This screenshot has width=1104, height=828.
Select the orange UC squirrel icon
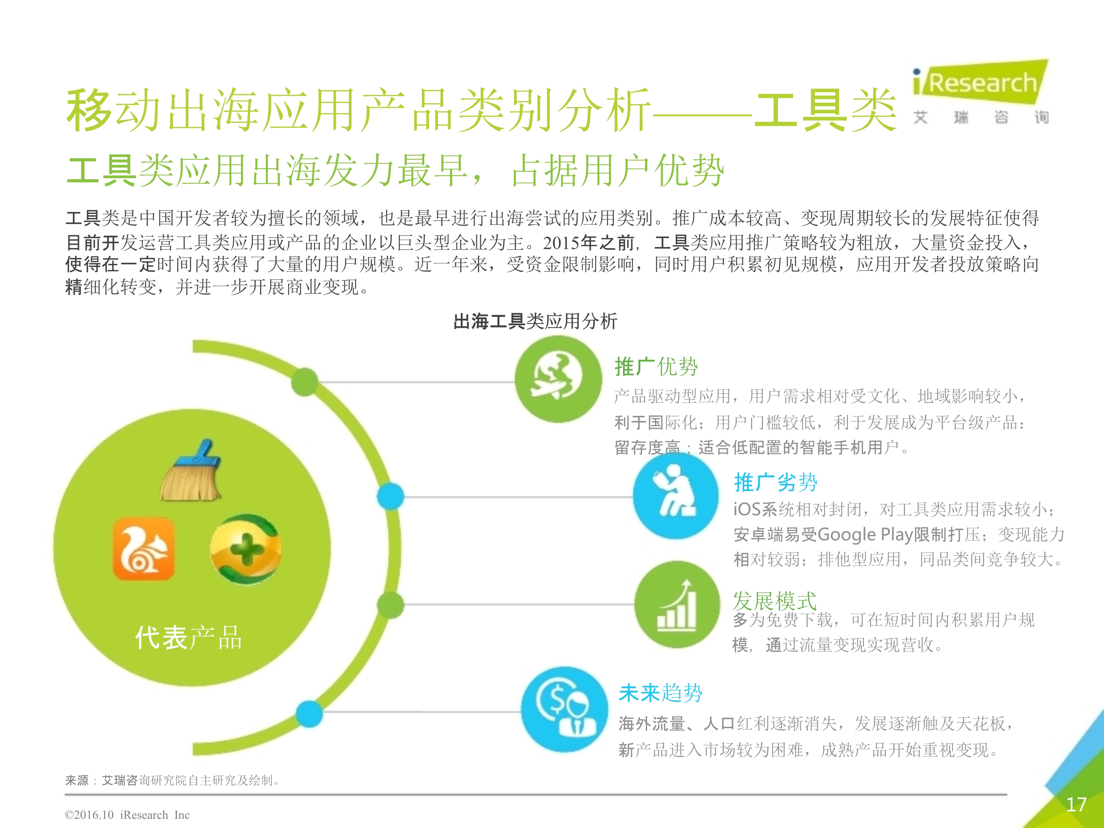click(144, 549)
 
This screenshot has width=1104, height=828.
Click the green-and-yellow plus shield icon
click(245, 549)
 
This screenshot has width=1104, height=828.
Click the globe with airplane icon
click(558, 379)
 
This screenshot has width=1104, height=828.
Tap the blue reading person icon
click(676, 495)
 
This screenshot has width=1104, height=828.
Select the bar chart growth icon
click(677, 604)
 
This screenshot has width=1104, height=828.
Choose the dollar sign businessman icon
click(565, 709)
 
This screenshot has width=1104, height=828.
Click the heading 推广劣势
click(775, 482)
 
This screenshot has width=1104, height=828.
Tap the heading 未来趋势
click(660, 693)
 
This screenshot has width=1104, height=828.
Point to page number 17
click(1076, 804)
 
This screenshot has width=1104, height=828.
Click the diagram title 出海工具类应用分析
click(535, 321)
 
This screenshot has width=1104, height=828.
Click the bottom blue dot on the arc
click(309, 714)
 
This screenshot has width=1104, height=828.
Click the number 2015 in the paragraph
click(562, 243)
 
